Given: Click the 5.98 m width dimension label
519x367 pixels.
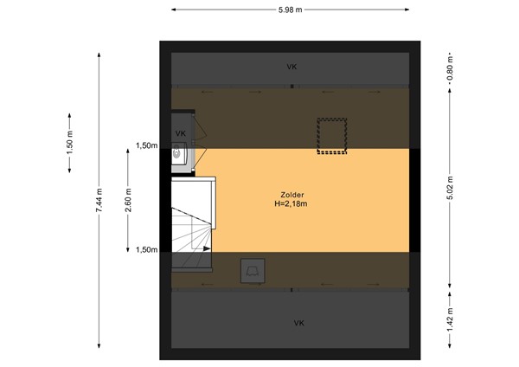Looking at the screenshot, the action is [x=291, y=10].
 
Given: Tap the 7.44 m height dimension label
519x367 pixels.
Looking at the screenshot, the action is [x=99, y=201].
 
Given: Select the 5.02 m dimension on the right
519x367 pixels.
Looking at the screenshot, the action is [x=450, y=188].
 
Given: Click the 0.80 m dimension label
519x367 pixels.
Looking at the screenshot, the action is [x=450, y=68].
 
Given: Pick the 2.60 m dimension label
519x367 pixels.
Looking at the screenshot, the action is [x=128, y=200].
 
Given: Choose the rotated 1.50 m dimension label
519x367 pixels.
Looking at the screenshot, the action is [x=69, y=143].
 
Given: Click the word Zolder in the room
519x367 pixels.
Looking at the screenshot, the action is [x=292, y=195].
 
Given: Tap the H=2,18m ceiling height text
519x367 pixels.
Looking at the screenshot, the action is [x=291, y=203].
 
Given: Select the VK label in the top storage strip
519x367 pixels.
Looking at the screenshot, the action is [x=292, y=67].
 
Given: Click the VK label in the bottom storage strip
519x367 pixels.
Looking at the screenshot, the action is [x=299, y=323].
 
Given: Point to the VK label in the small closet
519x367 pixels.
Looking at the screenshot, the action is [x=181, y=133].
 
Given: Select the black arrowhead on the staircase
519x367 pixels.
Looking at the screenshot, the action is [x=207, y=248].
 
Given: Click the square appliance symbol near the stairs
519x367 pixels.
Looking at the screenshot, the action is [x=253, y=271].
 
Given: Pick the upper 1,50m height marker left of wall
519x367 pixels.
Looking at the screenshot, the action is [x=147, y=145].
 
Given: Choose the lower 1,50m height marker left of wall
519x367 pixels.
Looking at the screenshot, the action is [x=147, y=250].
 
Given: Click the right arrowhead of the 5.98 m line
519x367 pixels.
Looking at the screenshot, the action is [x=407, y=10].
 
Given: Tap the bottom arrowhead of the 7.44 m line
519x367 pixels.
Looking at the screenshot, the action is [x=99, y=346].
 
